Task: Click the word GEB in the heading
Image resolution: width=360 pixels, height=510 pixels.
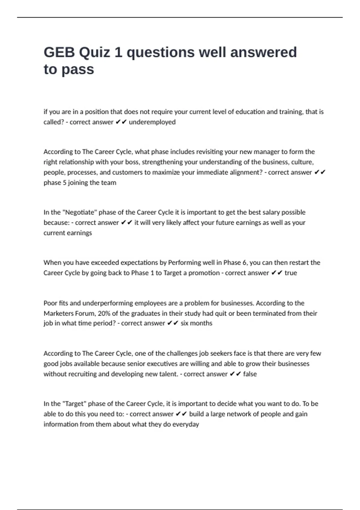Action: tap(59, 52)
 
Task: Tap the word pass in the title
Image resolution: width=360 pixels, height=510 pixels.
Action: tap(78, 70)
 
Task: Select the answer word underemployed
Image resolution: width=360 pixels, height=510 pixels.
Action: tap(152, 122)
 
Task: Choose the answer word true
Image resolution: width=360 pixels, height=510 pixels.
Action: tap(291, 273)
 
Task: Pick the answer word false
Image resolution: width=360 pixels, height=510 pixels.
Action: tap(250, 374)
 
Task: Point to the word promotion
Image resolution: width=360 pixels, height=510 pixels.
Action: tap(204, 273)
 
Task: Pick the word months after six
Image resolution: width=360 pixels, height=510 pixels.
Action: tap(201, 323)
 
